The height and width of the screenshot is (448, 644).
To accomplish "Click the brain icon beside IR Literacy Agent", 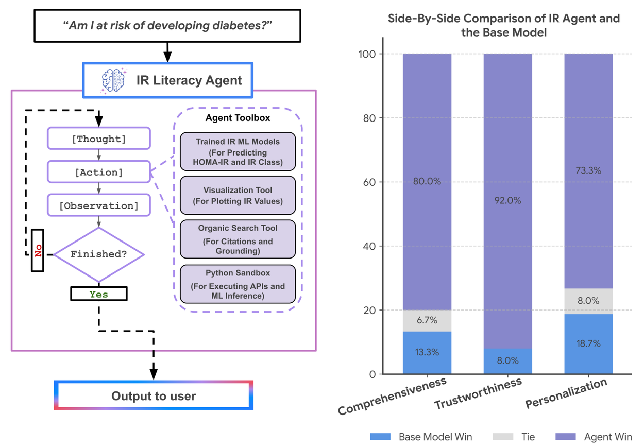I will [x=113, y=80].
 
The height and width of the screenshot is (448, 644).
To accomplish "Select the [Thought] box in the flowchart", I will [x=99, y=139].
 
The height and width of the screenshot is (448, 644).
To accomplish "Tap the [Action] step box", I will [x=99, y=172].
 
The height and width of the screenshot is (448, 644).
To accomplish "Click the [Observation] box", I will [x=99, y=205].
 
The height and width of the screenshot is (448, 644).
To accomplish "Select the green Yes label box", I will [x=99, y=294].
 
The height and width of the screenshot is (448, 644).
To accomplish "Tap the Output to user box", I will [x=154, y=395].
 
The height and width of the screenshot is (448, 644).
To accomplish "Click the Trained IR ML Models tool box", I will [x=238, y=152].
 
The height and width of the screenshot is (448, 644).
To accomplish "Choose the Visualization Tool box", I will [x=238, y=196].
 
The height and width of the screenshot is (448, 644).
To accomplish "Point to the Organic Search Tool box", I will [x=238, y=239].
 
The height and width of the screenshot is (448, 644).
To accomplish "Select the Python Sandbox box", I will [x=238, y=284].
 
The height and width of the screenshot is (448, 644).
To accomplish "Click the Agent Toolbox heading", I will [x=238, y=118].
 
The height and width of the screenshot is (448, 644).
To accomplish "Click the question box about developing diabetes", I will [x=167, y=26].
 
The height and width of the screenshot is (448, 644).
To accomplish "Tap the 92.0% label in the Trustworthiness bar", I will [x=508, y=201].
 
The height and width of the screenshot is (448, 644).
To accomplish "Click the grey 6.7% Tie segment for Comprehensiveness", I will [x=427, y=320].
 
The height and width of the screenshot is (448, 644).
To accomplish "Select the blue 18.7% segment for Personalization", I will [x=589, y=344].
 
